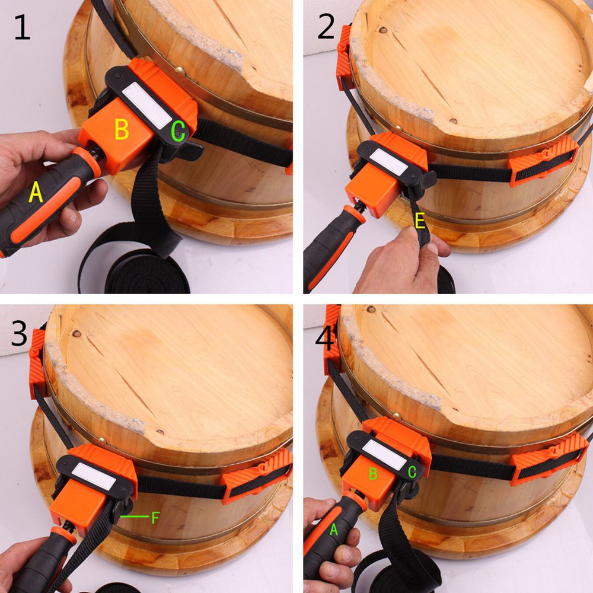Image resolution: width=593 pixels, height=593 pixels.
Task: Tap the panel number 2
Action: (x=326, y=27)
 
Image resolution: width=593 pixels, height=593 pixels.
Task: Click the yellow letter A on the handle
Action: (x=36, y=193)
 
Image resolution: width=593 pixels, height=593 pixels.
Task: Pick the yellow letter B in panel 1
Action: (x=122, y=130)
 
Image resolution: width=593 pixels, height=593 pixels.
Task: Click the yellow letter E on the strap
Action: (x=420, y=222)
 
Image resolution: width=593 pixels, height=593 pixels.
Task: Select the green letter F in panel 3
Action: (x=155, y=518)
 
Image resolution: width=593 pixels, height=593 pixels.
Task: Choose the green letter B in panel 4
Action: (x=373, y=473)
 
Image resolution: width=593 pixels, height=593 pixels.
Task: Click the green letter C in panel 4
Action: (x=412, y=473)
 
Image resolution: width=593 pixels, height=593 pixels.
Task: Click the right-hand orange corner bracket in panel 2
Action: (x=543, y=160)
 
